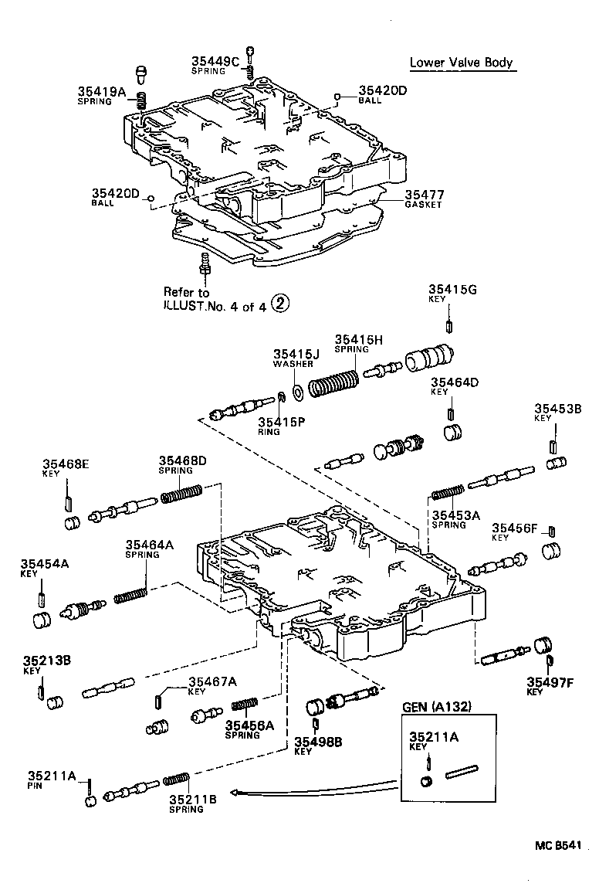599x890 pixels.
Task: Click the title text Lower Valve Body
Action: tap(461, 63)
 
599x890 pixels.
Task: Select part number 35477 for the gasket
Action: tap(424, 195)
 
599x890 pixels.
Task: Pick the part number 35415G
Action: tap(453, 290)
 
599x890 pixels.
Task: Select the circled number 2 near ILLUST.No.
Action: tap(281, 305)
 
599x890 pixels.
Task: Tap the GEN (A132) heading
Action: tap(437, 707)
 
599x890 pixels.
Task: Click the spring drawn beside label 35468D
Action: tap(182, 493)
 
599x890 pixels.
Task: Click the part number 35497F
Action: tap(549, 681)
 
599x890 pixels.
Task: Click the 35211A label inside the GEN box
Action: tap(433, 737)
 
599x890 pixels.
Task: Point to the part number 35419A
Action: tap(101, 91)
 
